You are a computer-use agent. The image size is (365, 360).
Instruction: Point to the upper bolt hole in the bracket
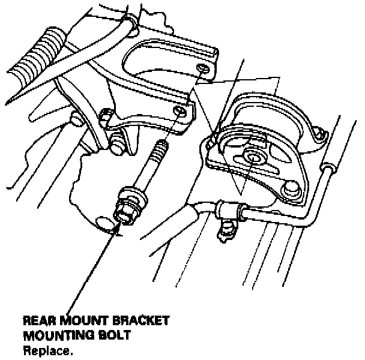click(x=202, y=71)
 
